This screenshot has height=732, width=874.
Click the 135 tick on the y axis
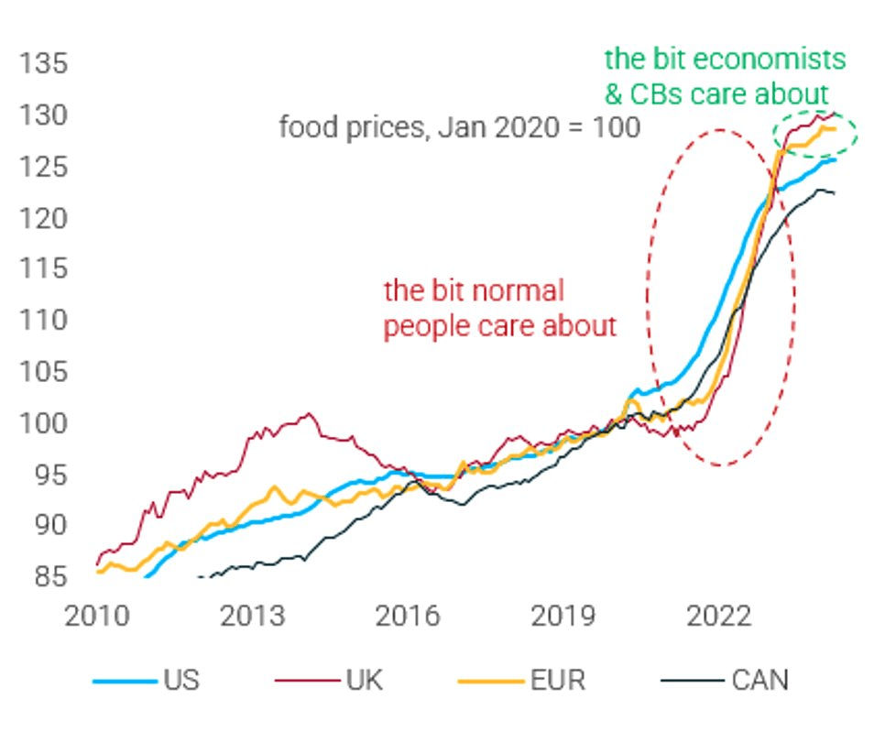coord(43,65)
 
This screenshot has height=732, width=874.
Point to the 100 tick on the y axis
coord(43,423)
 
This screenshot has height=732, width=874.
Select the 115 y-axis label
coord(43,270)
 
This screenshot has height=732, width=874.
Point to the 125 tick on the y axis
coord(43,168)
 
